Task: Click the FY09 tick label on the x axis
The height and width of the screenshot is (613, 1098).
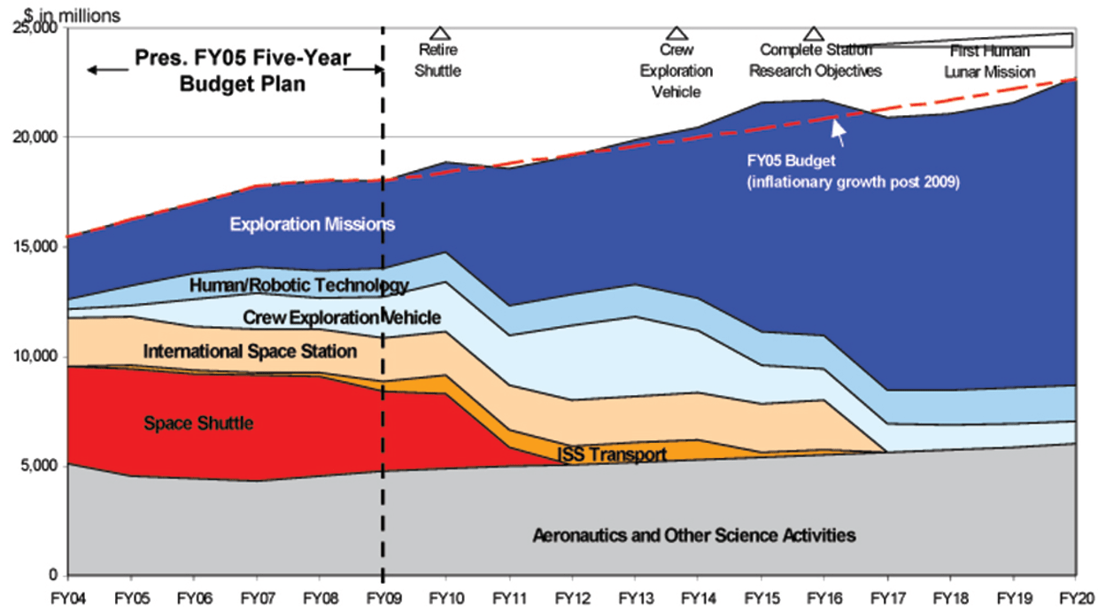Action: (382, 597)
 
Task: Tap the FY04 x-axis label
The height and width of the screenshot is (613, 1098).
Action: (68, 597)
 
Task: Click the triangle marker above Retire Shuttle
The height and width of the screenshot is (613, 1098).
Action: (438, 33)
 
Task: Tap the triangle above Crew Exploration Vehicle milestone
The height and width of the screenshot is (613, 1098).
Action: (677, 33)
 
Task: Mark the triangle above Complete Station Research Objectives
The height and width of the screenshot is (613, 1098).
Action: (814, 33)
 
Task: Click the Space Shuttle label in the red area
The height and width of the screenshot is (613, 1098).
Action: (198, 423)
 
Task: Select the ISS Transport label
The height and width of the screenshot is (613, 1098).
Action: (612, 454)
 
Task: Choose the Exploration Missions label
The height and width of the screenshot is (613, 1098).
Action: (312, 224)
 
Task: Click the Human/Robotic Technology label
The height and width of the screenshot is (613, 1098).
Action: (298, 285)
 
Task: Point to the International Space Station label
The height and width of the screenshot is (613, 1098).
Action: (250, 352)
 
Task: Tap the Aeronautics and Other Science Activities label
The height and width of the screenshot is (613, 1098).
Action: (693, 535)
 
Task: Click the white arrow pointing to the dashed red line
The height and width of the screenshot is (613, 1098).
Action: (837, 132)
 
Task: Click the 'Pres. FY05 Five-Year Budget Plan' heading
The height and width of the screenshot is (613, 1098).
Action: (243, 71)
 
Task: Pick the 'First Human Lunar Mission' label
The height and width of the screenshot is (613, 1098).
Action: (990, 61)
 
